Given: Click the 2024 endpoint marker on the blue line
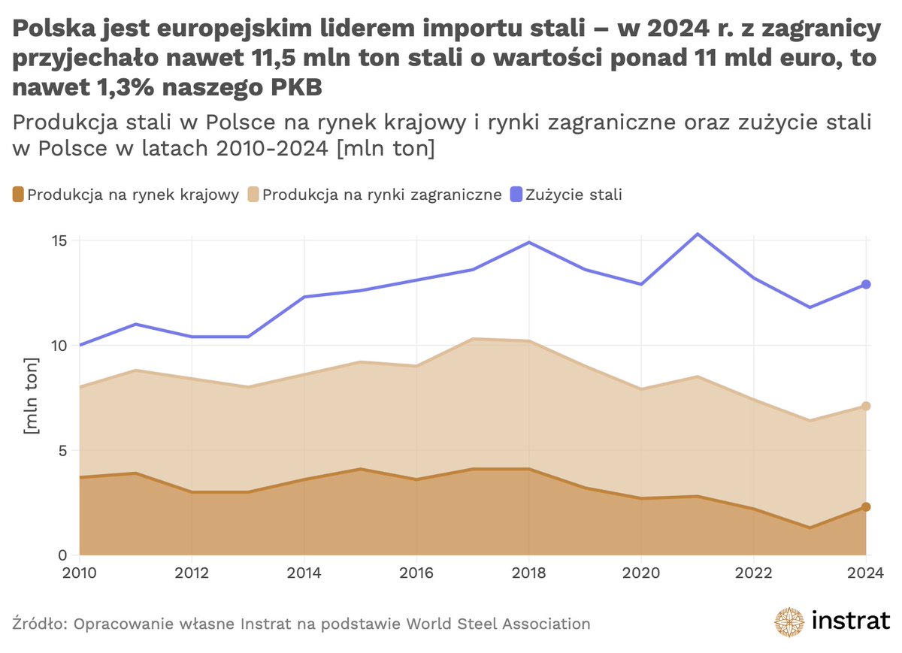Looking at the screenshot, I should coord(866,284).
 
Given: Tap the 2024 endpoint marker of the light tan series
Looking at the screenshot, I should coord(866,406).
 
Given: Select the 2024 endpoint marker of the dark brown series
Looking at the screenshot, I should coord(866,507).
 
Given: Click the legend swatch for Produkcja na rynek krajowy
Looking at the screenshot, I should coord(18,195).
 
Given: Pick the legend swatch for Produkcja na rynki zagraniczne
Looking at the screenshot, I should coord(253,195).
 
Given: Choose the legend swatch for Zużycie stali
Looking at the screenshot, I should coord(516,195).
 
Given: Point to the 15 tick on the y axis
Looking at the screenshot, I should coord(59,240).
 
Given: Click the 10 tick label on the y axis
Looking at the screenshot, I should coord(59,346).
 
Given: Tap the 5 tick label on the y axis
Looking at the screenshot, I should coord(63,451).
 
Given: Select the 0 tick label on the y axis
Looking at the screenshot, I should coord(63,555).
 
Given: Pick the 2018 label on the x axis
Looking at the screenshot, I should coord(528,575).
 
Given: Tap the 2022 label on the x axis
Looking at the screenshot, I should coord(753,575).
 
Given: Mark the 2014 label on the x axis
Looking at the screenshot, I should coord(304,575).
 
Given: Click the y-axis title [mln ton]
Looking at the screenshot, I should coord(32,398).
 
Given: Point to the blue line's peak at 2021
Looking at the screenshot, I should coord(697,234).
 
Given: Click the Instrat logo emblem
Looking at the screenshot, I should coord(790,622).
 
